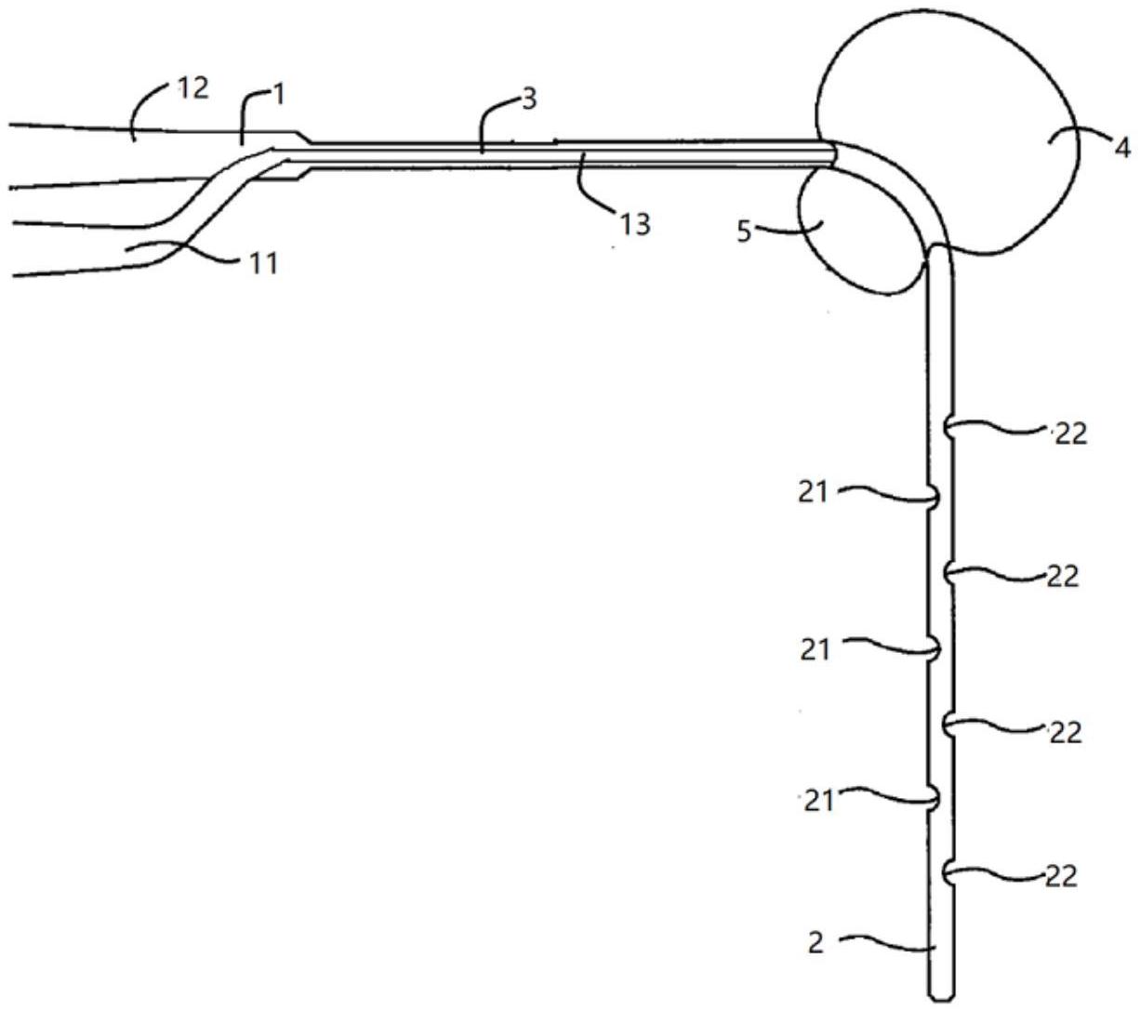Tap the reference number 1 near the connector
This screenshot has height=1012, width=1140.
[x=279, y=95]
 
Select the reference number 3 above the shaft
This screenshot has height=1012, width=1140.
[x=529, y=100]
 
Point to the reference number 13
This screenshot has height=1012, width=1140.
[x=635, y=224]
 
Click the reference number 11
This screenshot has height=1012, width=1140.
[x=263, y=263]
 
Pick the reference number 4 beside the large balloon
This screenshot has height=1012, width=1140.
[x=1122, y=149]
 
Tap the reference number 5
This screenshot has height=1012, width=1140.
[x=745, y=232]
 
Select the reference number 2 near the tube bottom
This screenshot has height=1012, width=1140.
[x=815, y=942]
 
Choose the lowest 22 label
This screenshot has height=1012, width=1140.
[x=1061, y=876]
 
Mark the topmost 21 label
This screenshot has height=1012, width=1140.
[x=813, y=493]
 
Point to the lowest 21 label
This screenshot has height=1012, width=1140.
[x=818, y=802]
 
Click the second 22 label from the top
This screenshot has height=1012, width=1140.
[x=1062, y=577]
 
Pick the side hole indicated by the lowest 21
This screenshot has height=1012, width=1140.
[x=935, y=799]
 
